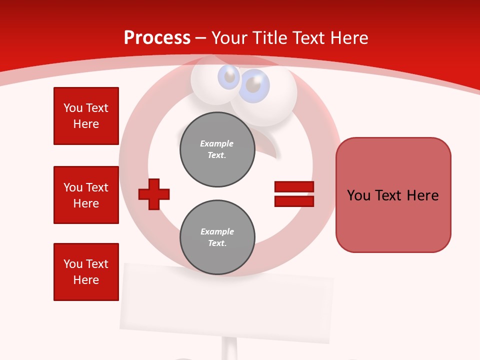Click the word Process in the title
tap(157, 38)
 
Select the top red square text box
tap(86, 116)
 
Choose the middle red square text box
tap(86, 195)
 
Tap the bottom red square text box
tap(86, 272)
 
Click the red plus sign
tap(154, 193)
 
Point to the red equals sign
tap(294, 194)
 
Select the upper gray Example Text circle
tap(217, 149)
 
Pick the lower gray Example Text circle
tap(217, 237)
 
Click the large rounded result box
tap(393, 195)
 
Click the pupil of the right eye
tap(253, 85)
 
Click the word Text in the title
tap(308, 38)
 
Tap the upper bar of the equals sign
tap(294, 187)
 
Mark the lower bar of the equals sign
tap(294, 201)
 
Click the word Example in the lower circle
tap(217, 231)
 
